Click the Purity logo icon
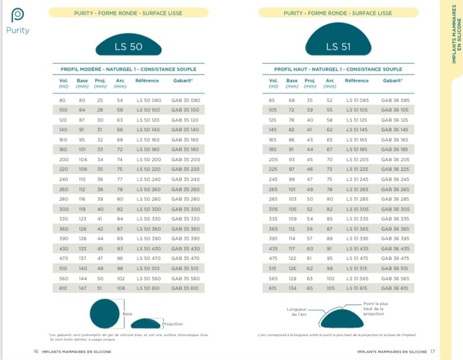tap(17, 16)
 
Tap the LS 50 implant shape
tap(129, 46)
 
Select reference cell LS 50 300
tap(148, 209)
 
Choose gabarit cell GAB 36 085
tap(395, 100)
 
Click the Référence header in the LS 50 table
tap(147, 81)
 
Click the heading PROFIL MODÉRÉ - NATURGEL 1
tap(130, 69)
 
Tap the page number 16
tap(36, 351)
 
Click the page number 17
tap(433, 351)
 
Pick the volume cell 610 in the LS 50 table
tap(63, 288)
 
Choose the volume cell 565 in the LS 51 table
tap(274, 278)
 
